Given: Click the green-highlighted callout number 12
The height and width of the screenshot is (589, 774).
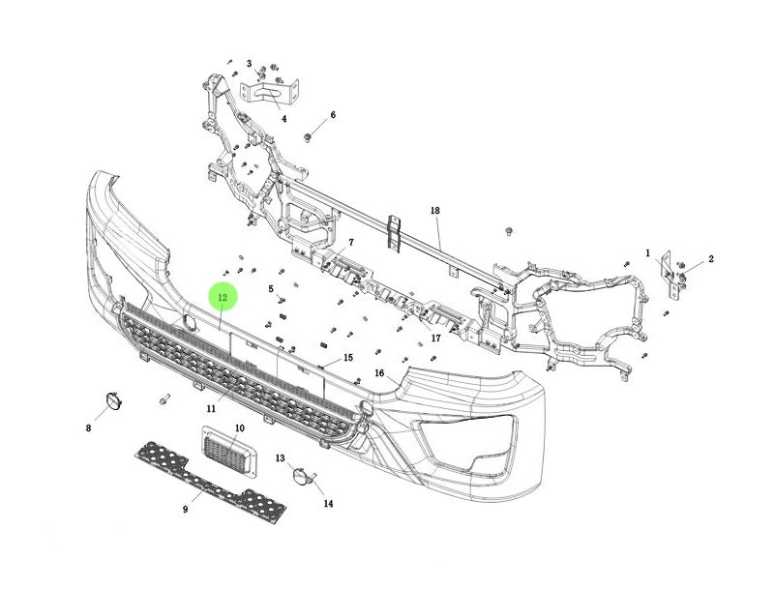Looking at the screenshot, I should (x=222, y=297).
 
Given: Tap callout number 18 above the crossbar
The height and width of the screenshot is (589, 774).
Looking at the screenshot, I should (x=435, y=210).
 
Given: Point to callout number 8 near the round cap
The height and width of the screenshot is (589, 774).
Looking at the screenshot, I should (x=88, y=427).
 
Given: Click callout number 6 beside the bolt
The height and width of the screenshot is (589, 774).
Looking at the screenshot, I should (x=333, y=115).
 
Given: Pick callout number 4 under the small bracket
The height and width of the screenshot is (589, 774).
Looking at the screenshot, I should (x=284, y=119).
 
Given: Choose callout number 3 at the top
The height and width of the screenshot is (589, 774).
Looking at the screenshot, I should (x=249, y=64).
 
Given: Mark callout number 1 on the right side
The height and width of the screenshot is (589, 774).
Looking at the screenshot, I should (x=647, y=252).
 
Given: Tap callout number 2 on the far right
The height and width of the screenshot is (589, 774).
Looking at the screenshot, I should (x=711, y=259).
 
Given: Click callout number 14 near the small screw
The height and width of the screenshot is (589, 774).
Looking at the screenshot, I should (x=328, y=503).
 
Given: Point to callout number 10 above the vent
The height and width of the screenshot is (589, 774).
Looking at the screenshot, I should (x=239, y=427).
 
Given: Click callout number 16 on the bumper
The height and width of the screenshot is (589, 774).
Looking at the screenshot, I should (x=379, y=373).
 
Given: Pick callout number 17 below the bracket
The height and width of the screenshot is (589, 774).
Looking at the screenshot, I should (x=436, y=338).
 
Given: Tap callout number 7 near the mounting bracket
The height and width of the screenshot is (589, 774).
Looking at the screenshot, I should (x=351, y=242).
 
